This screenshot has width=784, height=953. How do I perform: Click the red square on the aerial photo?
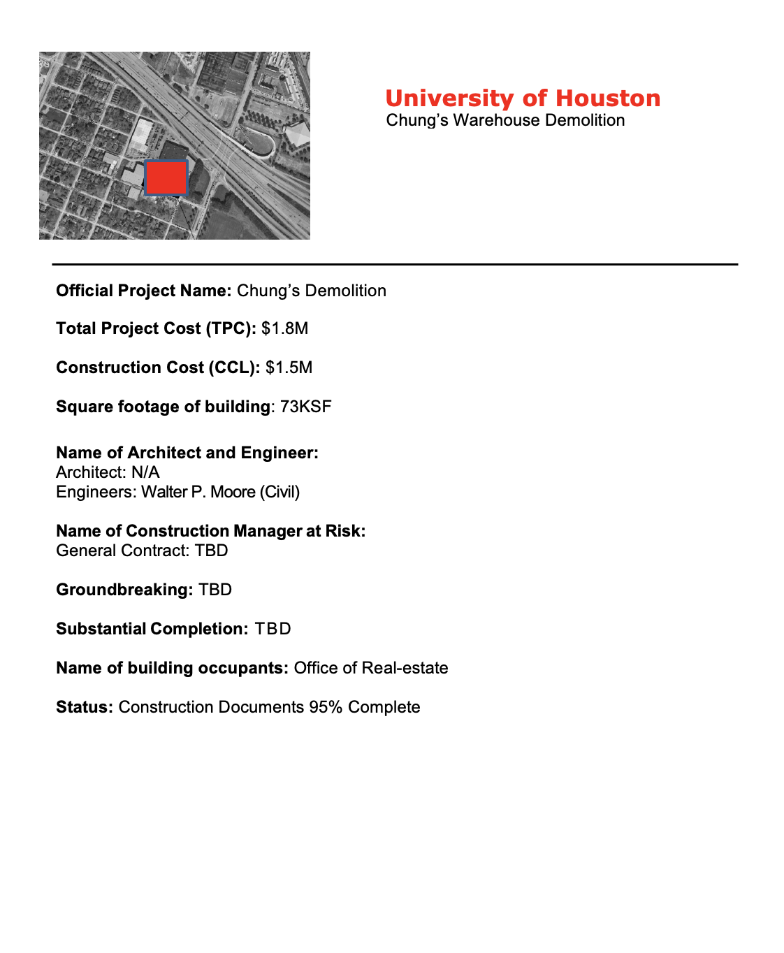tap(166, 177)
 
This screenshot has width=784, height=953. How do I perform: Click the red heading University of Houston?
tap(523, 99)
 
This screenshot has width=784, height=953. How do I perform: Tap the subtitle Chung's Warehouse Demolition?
tap(505, 120)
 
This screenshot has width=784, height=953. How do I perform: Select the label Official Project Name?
tap(143, 291)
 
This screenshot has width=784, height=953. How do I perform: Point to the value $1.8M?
tap(285, 328)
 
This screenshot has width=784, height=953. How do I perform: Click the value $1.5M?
tap(289, 368)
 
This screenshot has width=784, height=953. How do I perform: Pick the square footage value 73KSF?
tap(305, 407)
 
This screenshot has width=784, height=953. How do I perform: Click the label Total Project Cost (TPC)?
tap(156, 328)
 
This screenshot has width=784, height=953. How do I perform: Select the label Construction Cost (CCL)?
tap(158, 368)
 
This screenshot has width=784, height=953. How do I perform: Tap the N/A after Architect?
tap(145, 472)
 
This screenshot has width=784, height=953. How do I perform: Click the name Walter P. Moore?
tap(198, 492)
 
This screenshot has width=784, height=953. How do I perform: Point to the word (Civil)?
tap(280, 492)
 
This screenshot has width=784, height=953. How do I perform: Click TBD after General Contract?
tap(212, 551)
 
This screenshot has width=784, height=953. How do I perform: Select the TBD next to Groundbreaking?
tap(215, 590)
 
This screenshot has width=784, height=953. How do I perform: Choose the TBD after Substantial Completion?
tap(273, 629)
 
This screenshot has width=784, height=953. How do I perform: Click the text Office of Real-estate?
tap(371, 668)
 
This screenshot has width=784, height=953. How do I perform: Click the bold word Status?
tap(84, 707)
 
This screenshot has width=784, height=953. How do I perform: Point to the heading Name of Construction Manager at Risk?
tap(210, 531)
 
